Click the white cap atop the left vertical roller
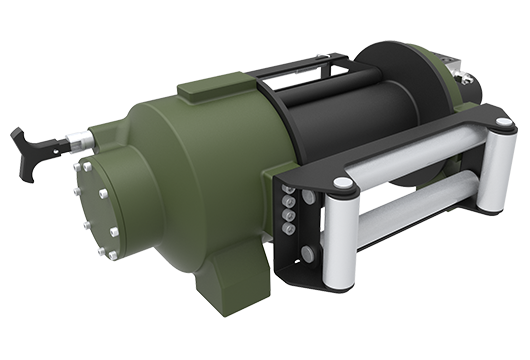pos(343,184)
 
